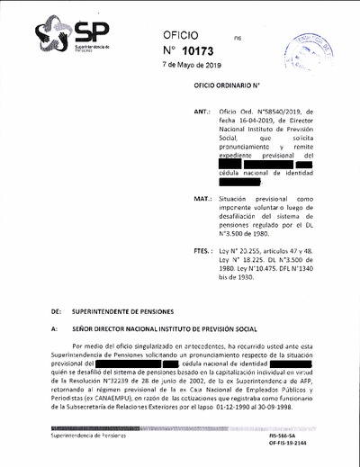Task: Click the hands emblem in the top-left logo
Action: tap(52, 35)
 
